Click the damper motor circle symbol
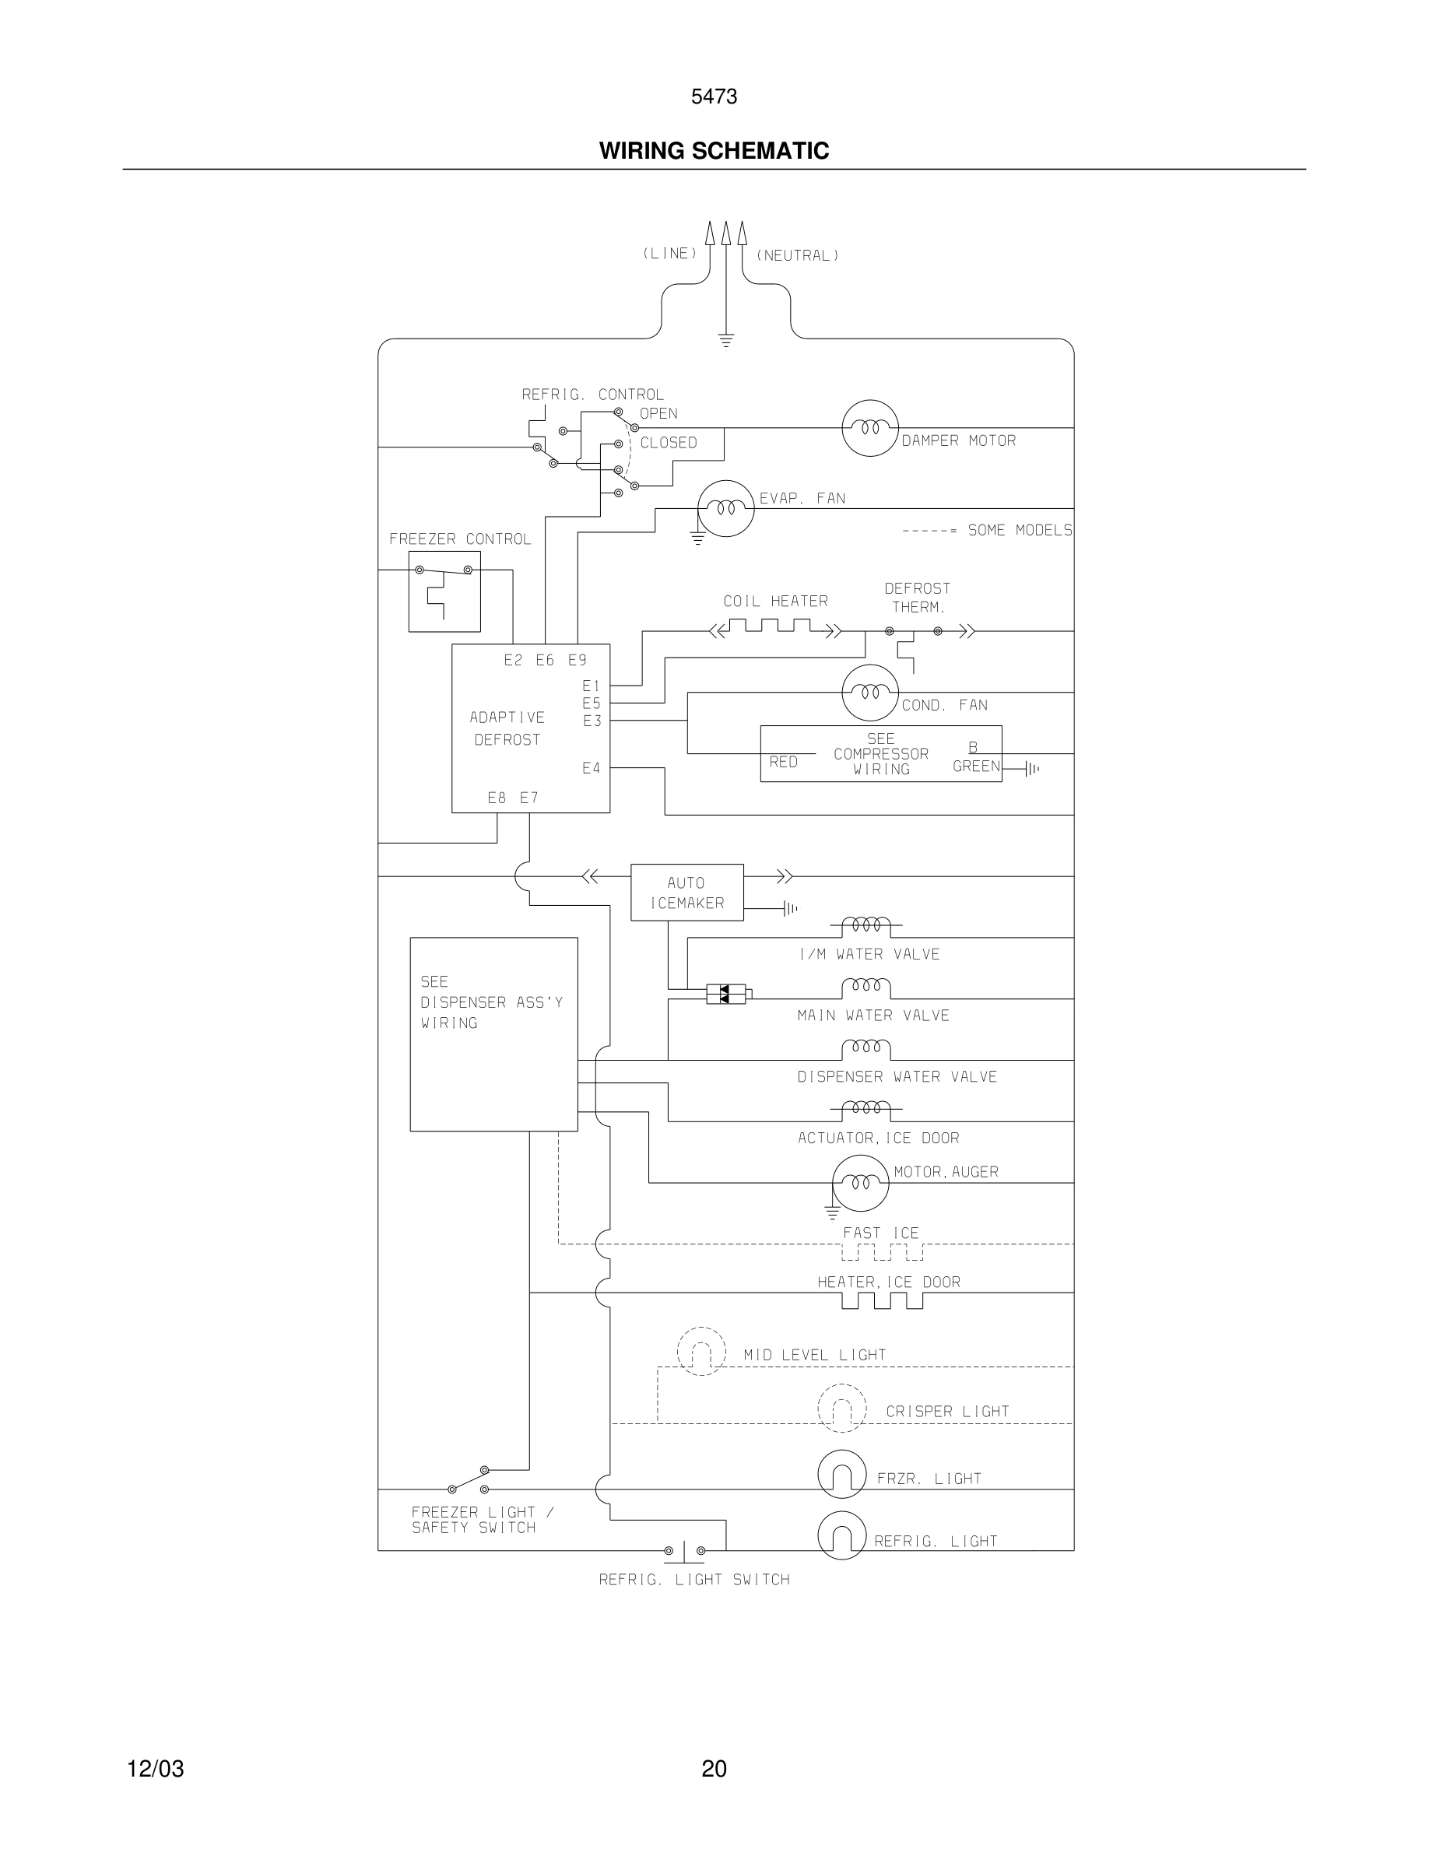click(x=869, y=428)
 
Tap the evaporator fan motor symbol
click(x=725, y=509)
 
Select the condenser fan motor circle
click(x=869, y=693)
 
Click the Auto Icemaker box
click(x=686, y=893)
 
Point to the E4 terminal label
click(x=591, y=768)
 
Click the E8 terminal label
click(x=497, y=798)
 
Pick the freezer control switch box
click(x=444, y=591)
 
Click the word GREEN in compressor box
click(x=976, y=767)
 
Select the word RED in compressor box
click(x=783, y=762)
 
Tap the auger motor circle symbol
click(x=860, y=1183)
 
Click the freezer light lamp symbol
click(x=841, y=1474)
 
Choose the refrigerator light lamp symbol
click(x=841, y=1535)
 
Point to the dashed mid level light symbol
click(x=701, y=1351)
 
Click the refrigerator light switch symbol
click(x=684, y=1551)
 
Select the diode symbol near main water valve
click(x=726, y=994)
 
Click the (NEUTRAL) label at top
click(x=797, y=254)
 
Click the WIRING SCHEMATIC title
click(x=714, y=151)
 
